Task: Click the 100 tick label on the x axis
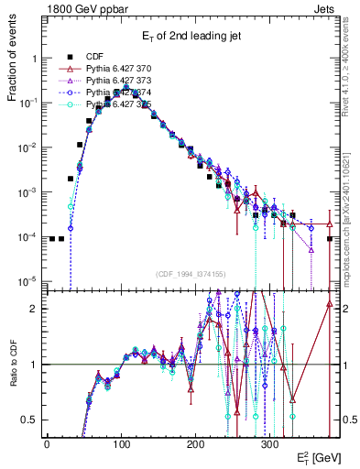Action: [x=121, y=443]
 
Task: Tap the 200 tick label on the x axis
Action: [x=195, y=443]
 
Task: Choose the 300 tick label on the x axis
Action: [x=269, y=443]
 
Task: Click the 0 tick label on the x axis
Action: [x=47, y=443]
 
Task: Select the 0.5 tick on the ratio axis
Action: [x=29, y=420]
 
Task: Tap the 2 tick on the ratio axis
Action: [x=34, y=309]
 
